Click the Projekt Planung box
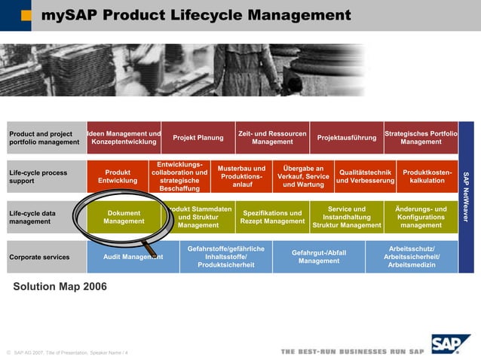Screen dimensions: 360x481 [198, 138]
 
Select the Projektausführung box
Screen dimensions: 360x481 [346, 138]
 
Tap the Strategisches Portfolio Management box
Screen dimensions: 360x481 [421, 138]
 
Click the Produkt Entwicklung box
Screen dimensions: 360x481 [118, 176]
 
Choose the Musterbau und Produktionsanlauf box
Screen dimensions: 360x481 [241, 176]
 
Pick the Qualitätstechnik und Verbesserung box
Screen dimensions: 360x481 [365, 176]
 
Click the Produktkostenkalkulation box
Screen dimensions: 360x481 [427, 176]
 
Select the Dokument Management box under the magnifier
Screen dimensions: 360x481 [124, 217]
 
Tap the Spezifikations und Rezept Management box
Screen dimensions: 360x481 [272, 217]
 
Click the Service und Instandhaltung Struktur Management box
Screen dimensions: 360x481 [347, 217]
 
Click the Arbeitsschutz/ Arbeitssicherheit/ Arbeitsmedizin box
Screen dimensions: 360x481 [412, 257]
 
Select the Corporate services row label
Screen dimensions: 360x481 [39, 257]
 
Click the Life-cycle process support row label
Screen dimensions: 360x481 [38, 177]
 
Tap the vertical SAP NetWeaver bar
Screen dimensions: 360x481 [466, 197]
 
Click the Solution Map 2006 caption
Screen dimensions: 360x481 [60, 287]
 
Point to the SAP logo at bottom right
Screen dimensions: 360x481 [450, 344]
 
